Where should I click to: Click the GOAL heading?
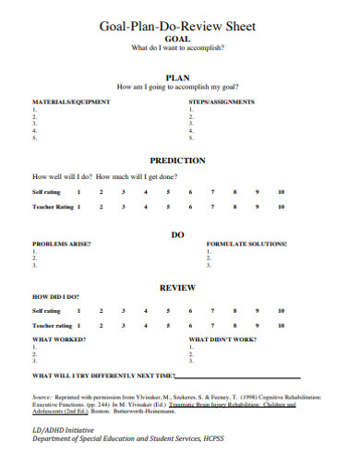(x=178, y=39)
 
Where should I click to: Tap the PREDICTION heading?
(x=177, y=160)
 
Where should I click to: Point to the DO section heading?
(x=178, y=234)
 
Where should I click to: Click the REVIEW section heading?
(x=177, y=288)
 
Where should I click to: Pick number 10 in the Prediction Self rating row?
(x=281, y=192)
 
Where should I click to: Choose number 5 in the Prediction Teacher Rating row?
(x=168, y=208)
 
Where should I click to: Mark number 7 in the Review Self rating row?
(x=212, y=311)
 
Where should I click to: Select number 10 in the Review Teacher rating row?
(x=281, y=326)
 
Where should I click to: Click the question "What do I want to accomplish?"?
(x=178, y=48)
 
